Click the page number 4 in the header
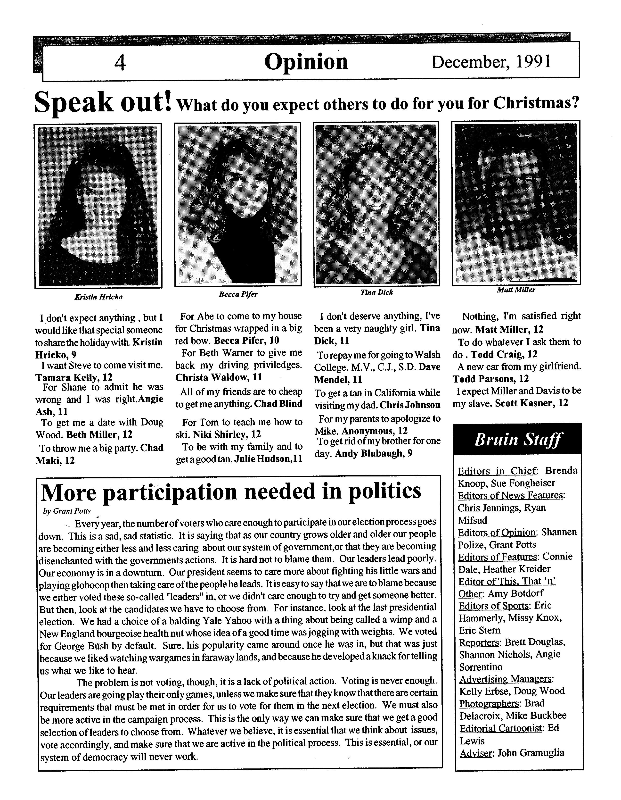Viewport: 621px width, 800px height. (120, 62)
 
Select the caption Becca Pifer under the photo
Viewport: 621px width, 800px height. (238, 294)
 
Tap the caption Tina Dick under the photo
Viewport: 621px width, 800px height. (376, 292)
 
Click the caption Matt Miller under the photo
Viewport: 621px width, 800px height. (516, 290)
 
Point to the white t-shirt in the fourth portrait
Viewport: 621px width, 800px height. (516, 253)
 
